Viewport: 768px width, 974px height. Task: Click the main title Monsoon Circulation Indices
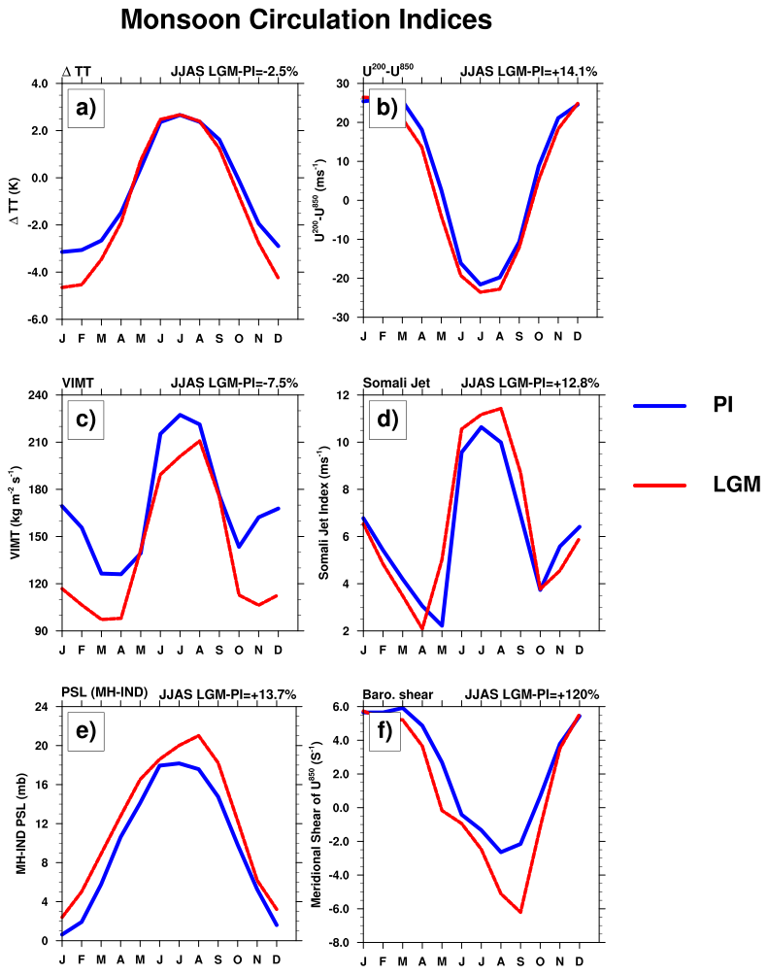pyautogui.click(x=306, y=19)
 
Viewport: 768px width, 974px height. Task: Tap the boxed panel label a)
pyautogui.click(x=85, y=108)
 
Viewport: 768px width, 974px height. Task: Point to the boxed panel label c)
pyautogui.click(x=85, y=420)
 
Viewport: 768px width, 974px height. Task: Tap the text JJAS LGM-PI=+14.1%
pyautogui.click(x=527, y=71)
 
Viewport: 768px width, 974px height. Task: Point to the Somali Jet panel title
pyautogui.click(x=396, y=383)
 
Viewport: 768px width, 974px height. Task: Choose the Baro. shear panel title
pyautogui.click(x=398, y=694)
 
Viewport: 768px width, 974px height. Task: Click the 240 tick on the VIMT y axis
pyautogui.click(x=38, y=395)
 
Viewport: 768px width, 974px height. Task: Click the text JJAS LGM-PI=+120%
pyautogui.click(x=531, y=694)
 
